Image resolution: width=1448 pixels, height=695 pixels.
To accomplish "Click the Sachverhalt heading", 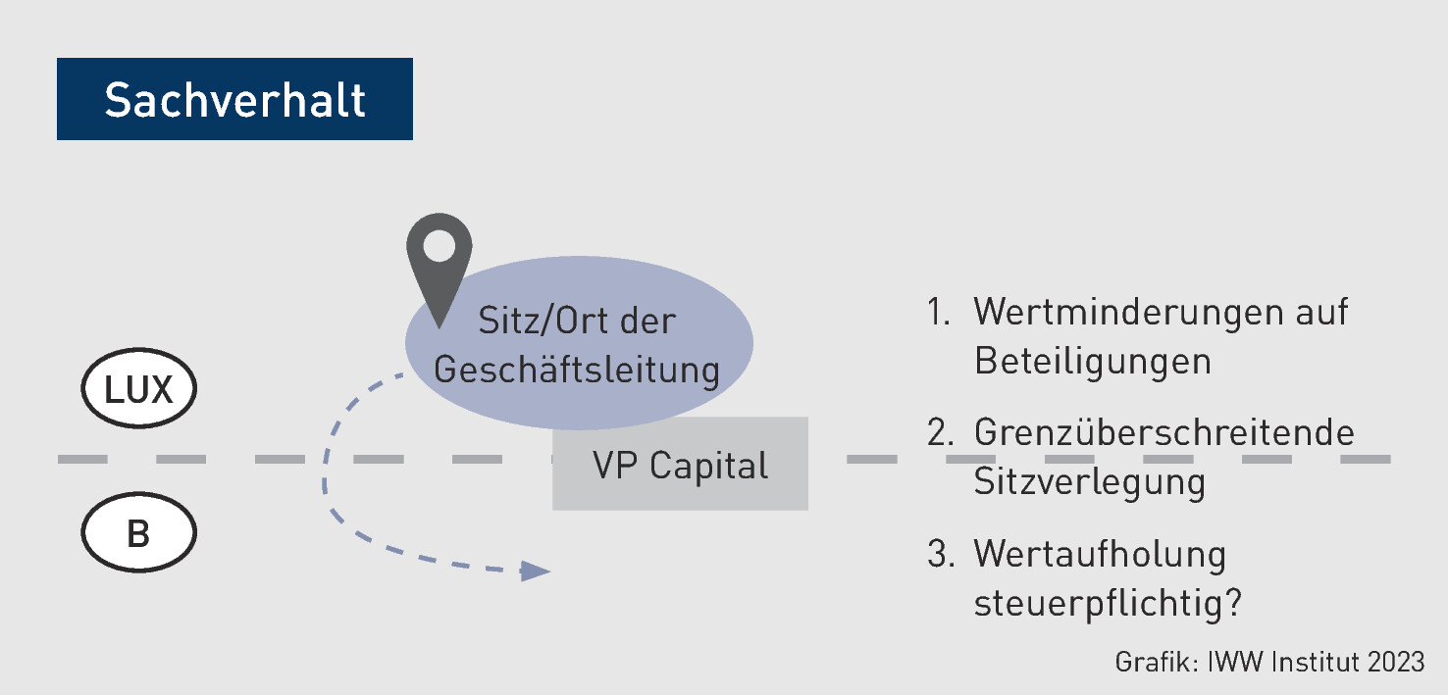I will [x=234, y=100].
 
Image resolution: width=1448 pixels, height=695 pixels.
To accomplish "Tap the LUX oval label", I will [x=138, y=390].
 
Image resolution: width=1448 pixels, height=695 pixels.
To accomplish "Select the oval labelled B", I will [x=138, y=534].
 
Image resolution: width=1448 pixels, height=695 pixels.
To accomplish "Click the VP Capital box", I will [x=680, y=465].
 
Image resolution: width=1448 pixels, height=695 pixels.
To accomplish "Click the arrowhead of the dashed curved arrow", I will [x=535, y=571].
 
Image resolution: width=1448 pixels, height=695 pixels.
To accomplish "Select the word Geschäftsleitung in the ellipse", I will [x=577, y=370].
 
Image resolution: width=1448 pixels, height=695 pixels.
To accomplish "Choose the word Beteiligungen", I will [x=1092, y=361].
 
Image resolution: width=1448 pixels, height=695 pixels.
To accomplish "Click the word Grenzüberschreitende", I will [x=1164, y=433].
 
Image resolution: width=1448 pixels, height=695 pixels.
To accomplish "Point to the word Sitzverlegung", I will [x=1089, y=481].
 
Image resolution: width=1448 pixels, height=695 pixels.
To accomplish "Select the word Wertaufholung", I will [x=1100, y=555].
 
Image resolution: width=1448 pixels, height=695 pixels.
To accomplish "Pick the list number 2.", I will [x=940, y=433].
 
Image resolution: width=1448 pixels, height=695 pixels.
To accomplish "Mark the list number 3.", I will [x=940, y=555].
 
